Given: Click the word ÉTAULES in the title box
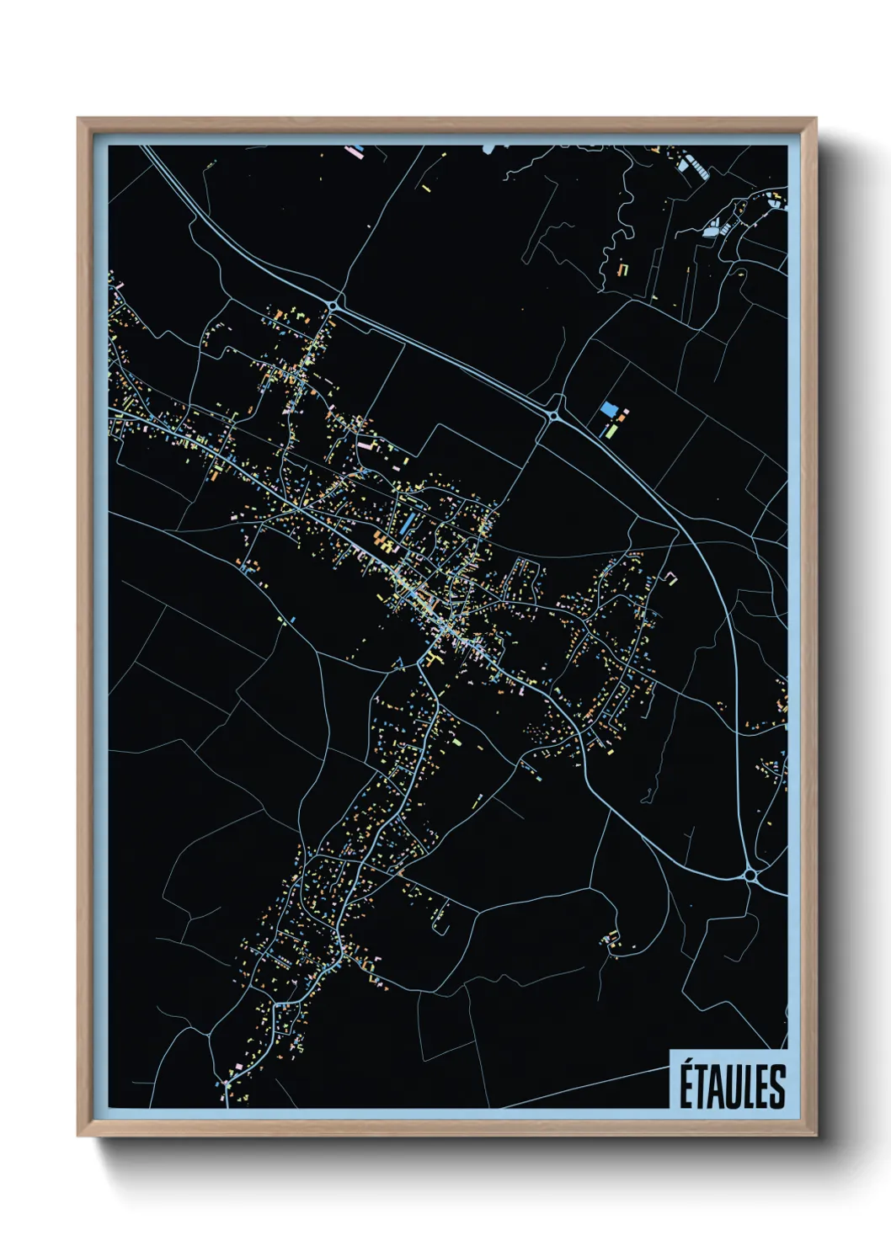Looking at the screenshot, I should pyautogui.click(x=732, y=1085).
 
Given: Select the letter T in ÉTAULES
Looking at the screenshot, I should pyautogui.click(x=703, y=1087).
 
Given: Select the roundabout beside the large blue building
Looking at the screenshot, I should pyautogui.click(x=554, y=415).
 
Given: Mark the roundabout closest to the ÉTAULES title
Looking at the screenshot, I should pyautogui.click(x=750, y=876).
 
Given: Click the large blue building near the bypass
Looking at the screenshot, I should pyautogui.click(x=608, y=410).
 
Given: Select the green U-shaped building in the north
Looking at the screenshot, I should pyautogui.click(x=624, y=269).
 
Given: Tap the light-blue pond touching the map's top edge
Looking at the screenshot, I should pyautogui.click(x=488, y=149).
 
